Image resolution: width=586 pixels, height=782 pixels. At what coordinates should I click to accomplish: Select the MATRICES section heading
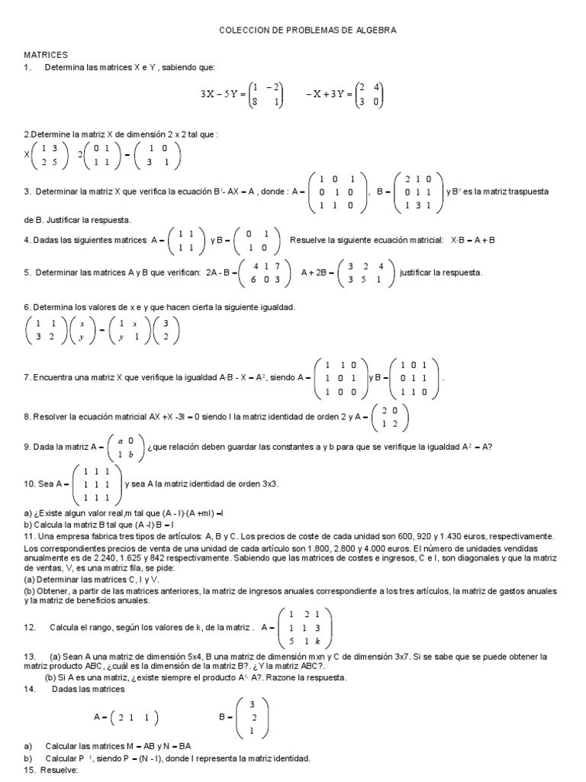pyautogui.click(x=47, y=55)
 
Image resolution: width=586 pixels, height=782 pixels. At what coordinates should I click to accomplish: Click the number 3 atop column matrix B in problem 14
pyautogui.click(x=252, y=704)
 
